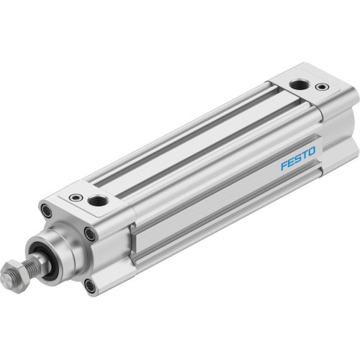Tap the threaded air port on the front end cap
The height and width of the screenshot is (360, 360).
pos(98,199)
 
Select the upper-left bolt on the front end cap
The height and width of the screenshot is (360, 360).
pos(46,212)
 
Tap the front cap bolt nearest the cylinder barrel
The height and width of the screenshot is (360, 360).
pos(89,233)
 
